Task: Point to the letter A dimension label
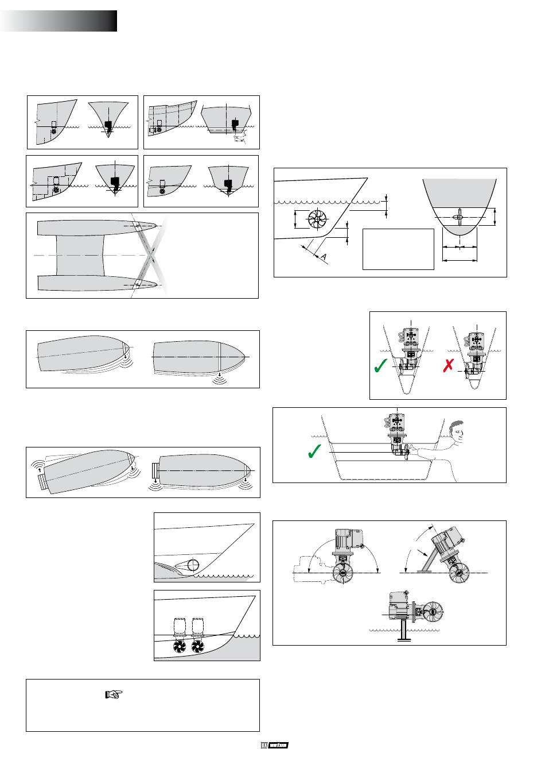point(324,257)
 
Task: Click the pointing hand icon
point(114,694)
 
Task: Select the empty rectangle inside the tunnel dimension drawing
point(398,249)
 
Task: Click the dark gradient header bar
point(59,21)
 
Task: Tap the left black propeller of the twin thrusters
point(179,647)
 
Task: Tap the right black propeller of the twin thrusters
point(197,647)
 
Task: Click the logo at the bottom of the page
point(274,746)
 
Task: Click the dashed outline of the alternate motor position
point(310,569)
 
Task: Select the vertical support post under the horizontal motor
point(404,630)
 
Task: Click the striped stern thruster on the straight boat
point(154,472)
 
